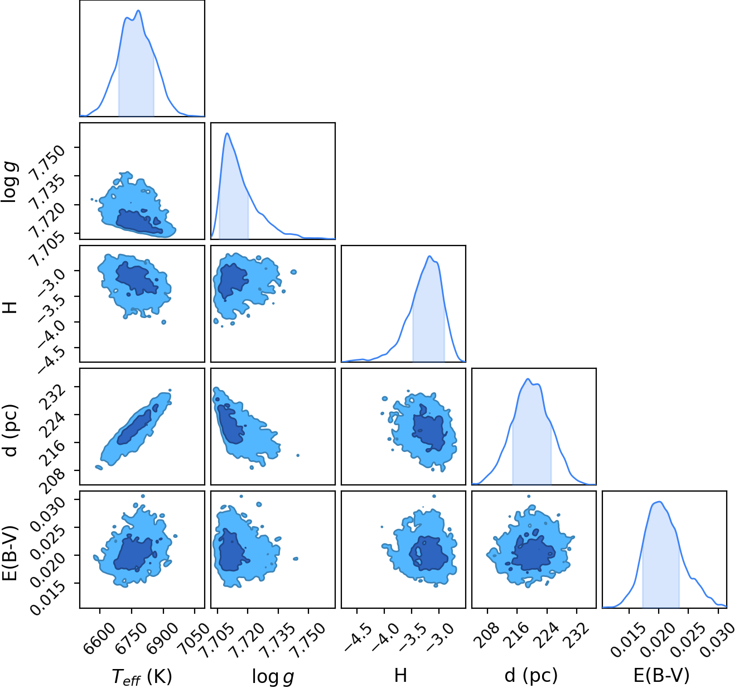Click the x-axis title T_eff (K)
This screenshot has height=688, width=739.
142,676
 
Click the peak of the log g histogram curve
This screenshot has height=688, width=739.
227,133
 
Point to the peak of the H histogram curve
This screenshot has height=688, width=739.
429,256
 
